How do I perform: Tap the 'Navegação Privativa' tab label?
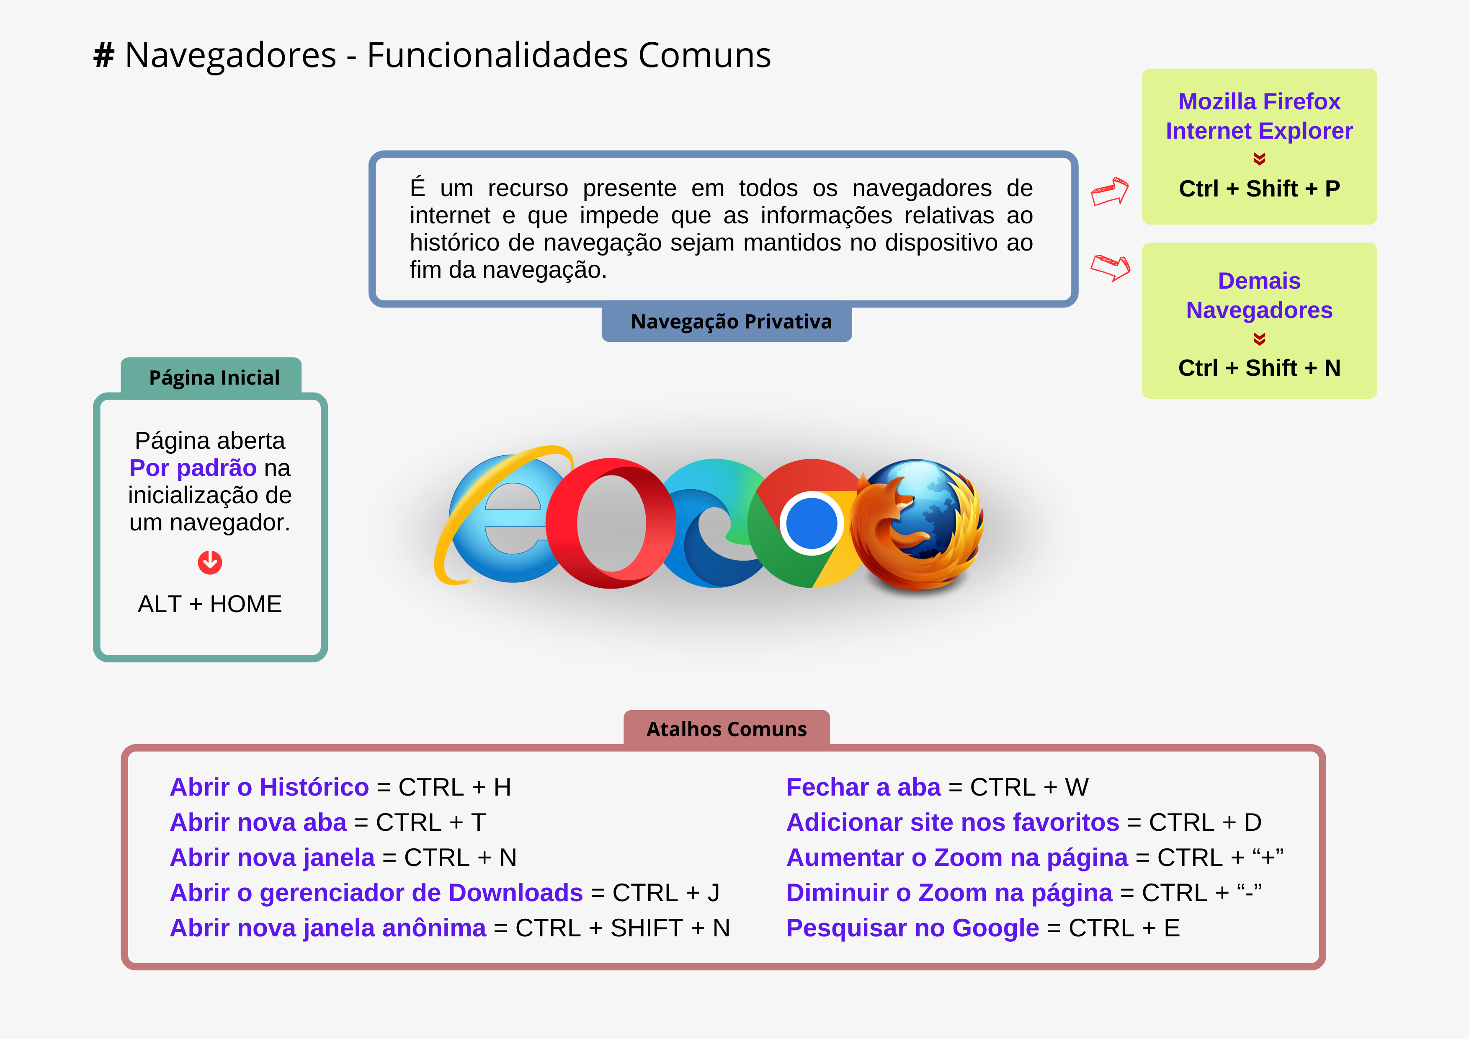731,321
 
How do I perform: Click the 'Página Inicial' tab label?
214,378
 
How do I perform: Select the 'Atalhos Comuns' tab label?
727,729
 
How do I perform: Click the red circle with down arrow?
210,563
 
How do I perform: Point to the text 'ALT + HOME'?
210,604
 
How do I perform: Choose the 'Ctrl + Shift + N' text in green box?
1259,368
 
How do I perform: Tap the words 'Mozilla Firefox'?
1259,101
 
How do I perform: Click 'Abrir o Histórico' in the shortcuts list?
269,787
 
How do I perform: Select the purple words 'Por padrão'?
193,468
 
